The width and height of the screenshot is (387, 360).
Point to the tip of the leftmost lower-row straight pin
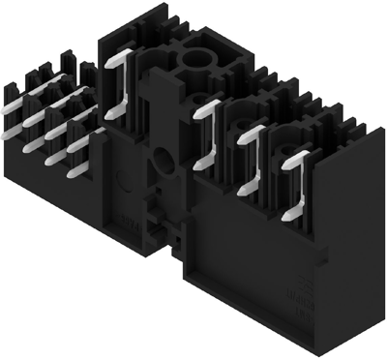pyautogui.click(x=18, y=122)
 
